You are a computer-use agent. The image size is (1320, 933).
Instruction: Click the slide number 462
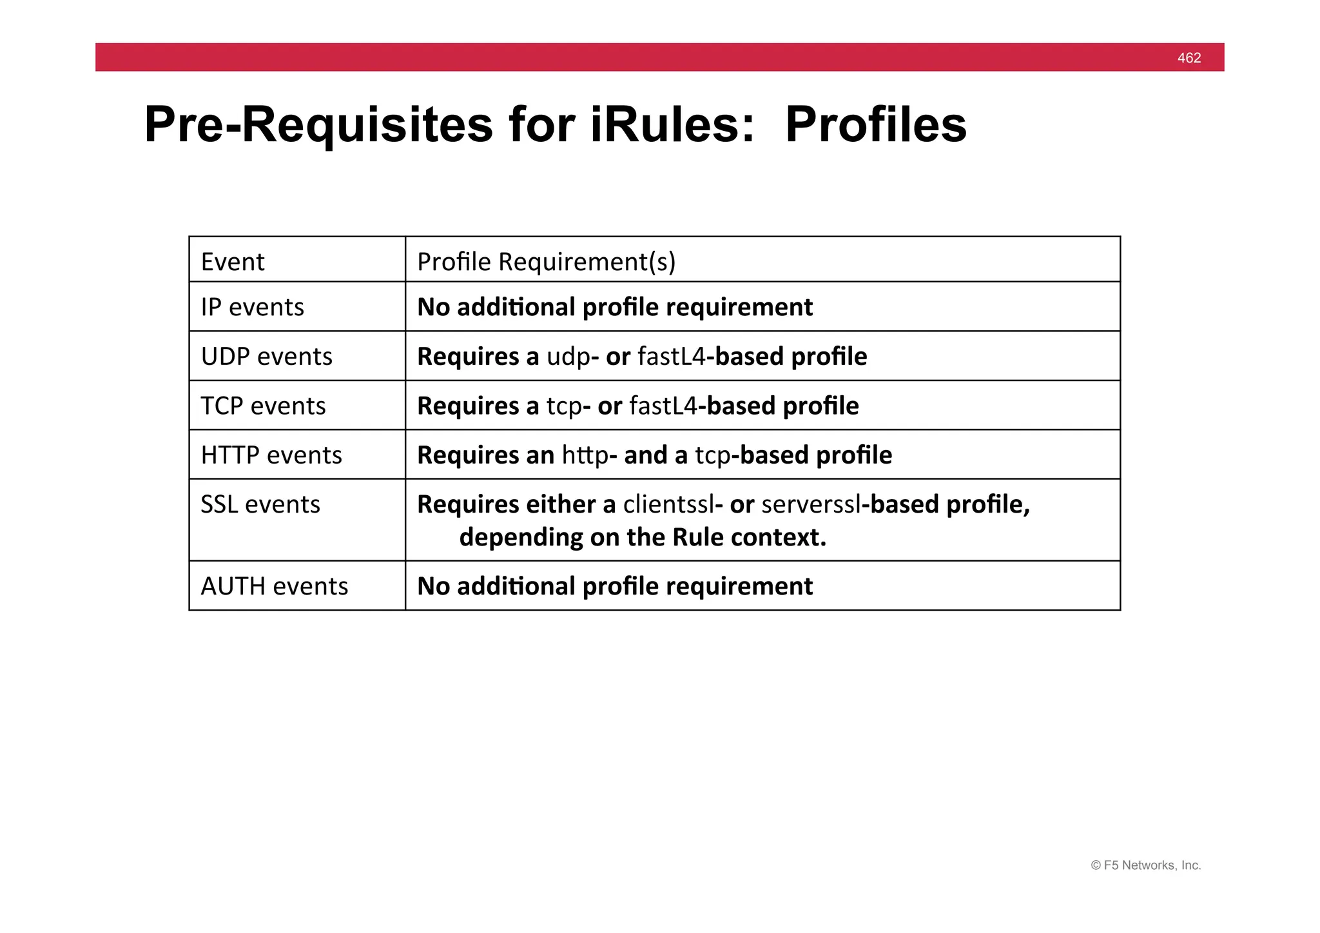click(1189, 58)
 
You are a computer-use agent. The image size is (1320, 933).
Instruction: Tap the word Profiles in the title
click(875, 124)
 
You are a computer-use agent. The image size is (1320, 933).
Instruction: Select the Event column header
click(233, 262)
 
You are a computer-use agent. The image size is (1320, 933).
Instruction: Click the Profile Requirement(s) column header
click(546, 262)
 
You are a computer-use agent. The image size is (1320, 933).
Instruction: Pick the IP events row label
click(252, 307)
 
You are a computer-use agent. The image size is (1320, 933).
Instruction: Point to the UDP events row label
click(266, 357)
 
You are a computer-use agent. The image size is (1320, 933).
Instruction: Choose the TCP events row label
click(263, 406)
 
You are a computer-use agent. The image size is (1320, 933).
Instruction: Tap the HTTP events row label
click(271, 455)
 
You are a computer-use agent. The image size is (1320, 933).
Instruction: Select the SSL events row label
click(260, 504)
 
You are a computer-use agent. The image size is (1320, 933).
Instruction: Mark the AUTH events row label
click(274, 586)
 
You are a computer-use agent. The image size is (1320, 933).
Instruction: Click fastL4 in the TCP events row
click(663, 406)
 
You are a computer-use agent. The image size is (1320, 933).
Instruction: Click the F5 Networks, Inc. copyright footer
click(1145, 865)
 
